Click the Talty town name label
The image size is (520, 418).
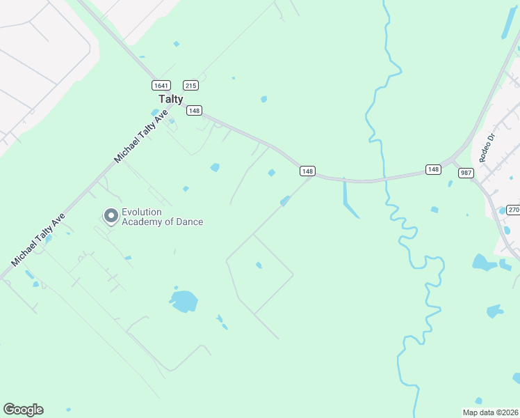pyautogui.click(x=170, y=99)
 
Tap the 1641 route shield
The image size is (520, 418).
pyautogui.click(x=161, y=85)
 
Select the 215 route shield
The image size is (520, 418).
pyautogui.click(x=192, y=85)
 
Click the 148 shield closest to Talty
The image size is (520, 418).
pyautogui.click(x=195, y=111)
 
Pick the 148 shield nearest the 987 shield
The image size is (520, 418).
pyautogui.click(x=433, y=170)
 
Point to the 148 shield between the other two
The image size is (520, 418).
pyautogui.click(x=308, y=171)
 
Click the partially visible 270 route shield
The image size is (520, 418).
pyautogui.click(x=513, y=210)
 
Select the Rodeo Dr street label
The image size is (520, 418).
pyautogui.click(x=486, y=146)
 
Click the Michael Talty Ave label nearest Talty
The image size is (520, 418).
pyautogui.click(x=142, y=136)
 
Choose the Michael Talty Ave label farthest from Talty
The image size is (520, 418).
pyautogui.click(x=38, y=240)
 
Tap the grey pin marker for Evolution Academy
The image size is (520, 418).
pyautogui.click(x=111, y=216)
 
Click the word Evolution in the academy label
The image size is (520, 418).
pyautogui.click(x=142, y=212)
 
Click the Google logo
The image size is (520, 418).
pyautogui.click(x=23, y=410)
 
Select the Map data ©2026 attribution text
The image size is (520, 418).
pyautogui.click(x=490, y=412)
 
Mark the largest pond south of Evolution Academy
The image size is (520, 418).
pyautogui.click(x=184, y=302)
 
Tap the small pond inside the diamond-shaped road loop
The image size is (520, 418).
pyautogui.click(x=259, y=265)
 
